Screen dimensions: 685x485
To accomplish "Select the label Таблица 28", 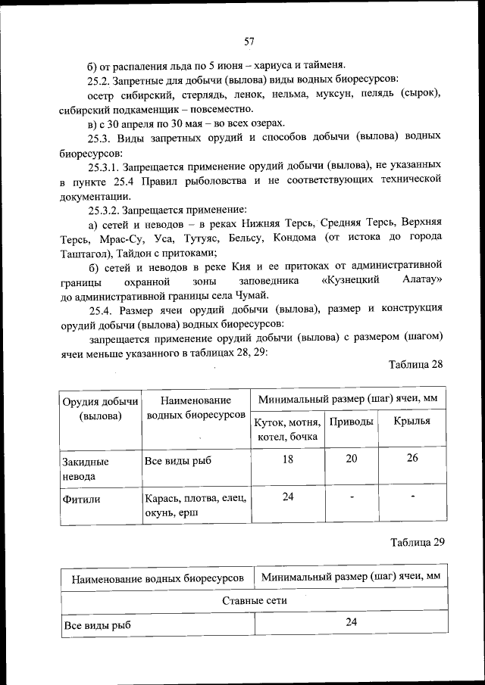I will pyautogui.click(x=415, y=364).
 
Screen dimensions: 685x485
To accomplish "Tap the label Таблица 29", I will pyautogui.click(x=416, y=542).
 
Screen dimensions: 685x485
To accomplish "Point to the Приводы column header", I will pyautogui.click(x=352, y=422).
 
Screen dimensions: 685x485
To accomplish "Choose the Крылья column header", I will pyautogui.click(x=411, y=422).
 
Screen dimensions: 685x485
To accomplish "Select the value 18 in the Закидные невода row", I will pyautogui.click(x=287, y=459).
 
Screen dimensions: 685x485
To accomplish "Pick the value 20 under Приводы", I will pyautogui.click(x=352, y=459).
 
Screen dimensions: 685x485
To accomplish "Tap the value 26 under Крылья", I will pyautogui.click(x=411, y=459).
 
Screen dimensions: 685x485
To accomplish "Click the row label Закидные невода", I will pyautogui.click(x=85, y=468).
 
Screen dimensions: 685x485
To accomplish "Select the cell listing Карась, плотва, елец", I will pyautogui.click(x=195, y=506).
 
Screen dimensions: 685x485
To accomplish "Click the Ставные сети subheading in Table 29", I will pyautogui.click(x=254, y=600).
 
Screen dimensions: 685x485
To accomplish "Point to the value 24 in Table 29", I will pyautogui.click(x=351, y=622).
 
